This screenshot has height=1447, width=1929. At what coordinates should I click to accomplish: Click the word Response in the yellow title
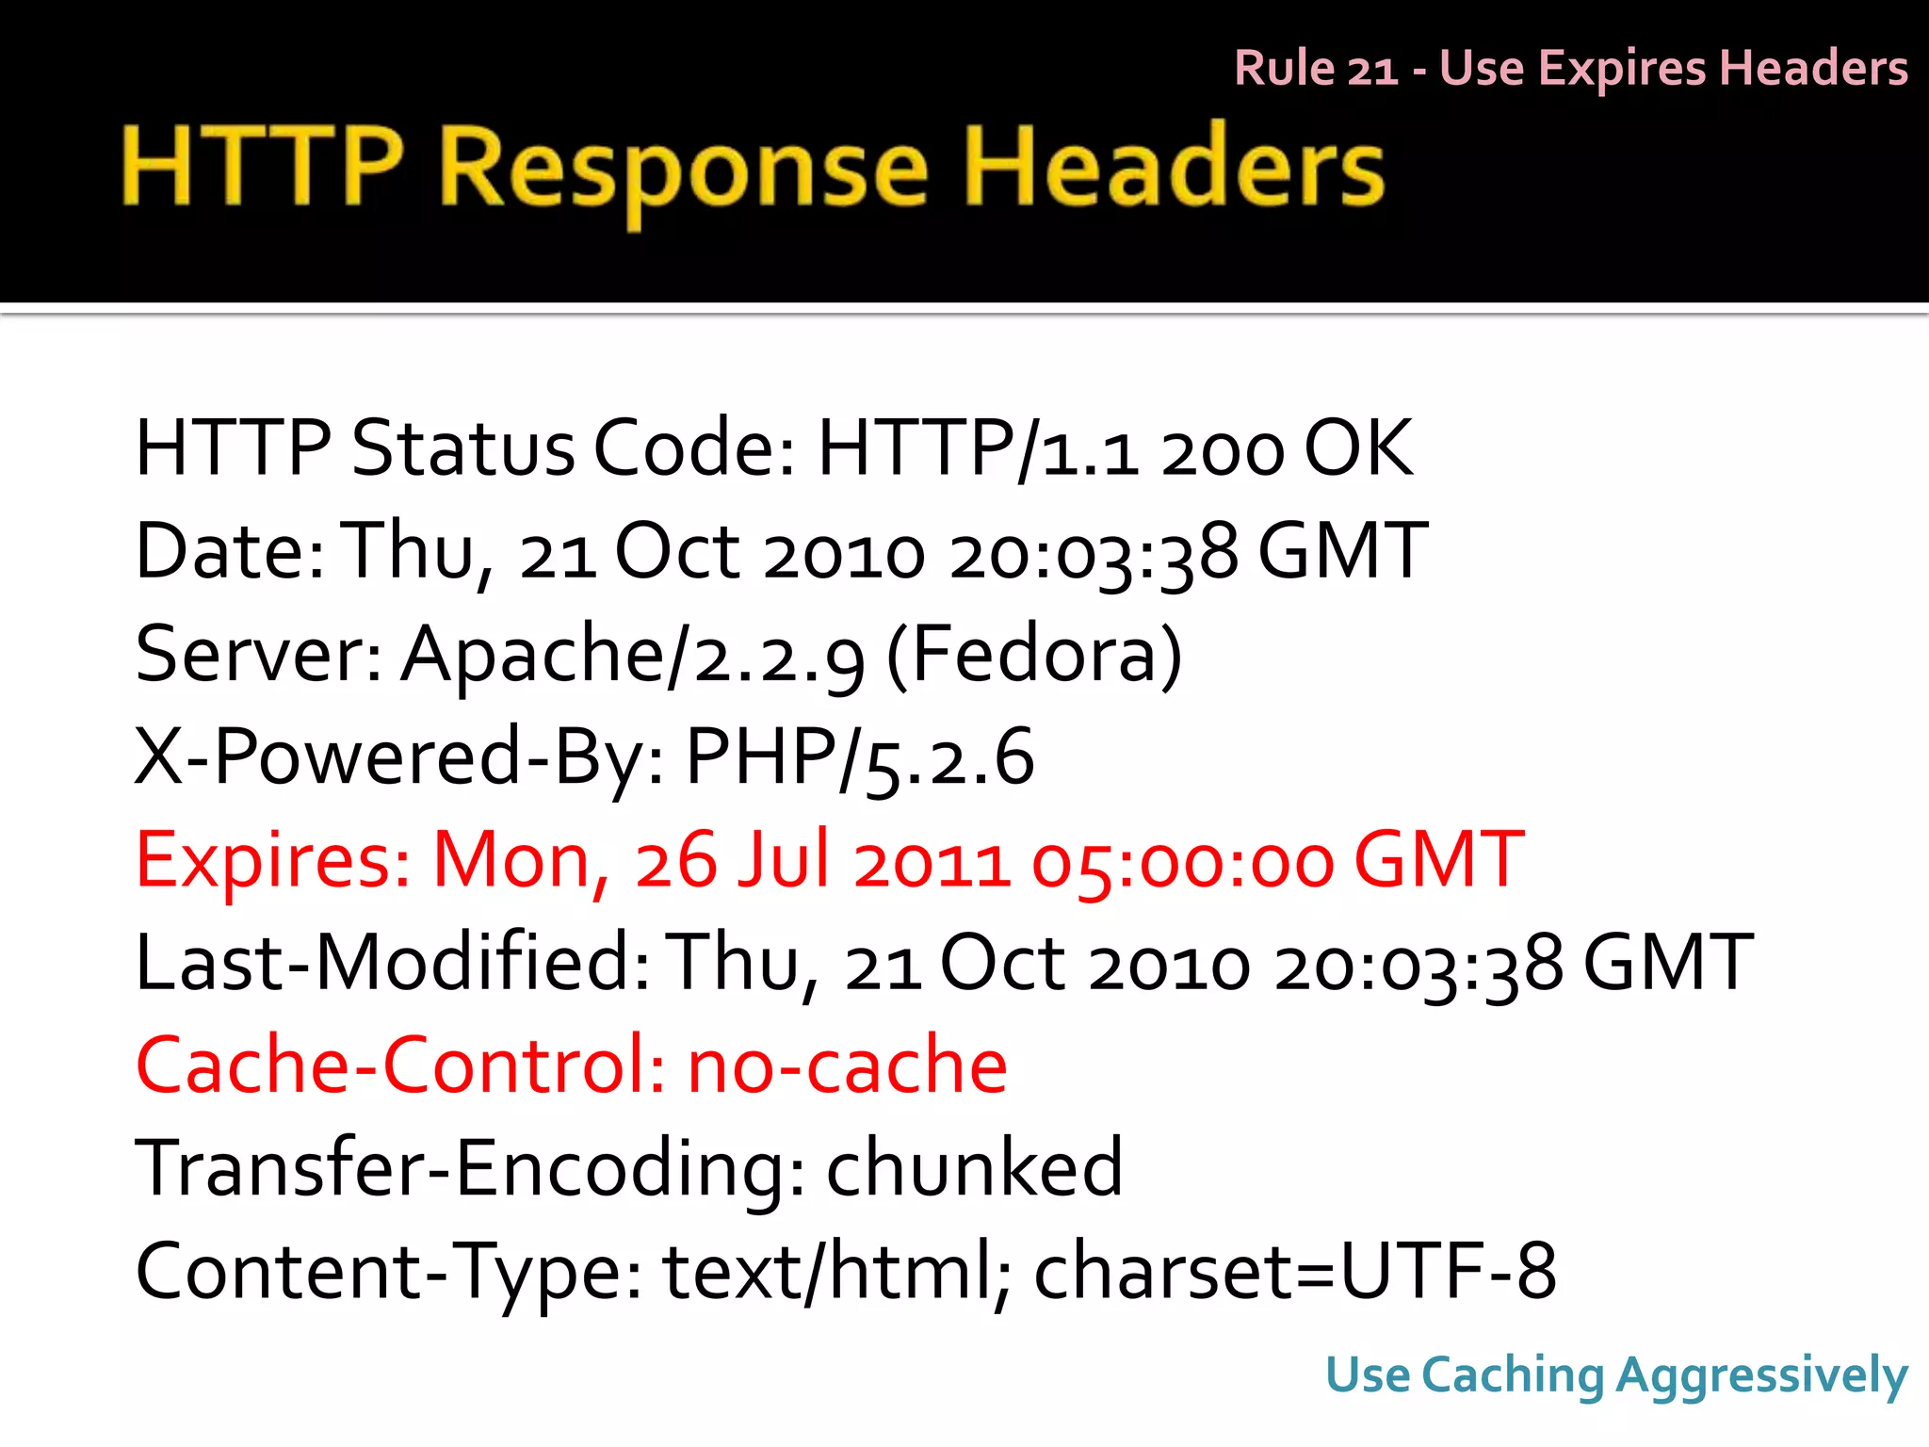[x=684, y=170]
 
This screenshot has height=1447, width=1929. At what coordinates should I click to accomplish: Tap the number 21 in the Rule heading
[x=1372, y=69]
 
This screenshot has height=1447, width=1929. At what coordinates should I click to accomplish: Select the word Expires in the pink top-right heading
[x=1623, y=69]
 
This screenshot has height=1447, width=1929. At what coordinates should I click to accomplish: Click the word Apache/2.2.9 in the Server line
[x=632, y=656]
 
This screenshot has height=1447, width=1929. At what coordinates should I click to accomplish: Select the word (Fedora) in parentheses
[x=1034, y=656]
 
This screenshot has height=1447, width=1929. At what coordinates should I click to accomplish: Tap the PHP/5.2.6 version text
[x=859, y=758]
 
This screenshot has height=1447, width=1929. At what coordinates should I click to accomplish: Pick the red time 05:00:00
[x=1182, y=863]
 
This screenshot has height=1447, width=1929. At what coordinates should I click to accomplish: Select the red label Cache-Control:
[x=400, y=1066]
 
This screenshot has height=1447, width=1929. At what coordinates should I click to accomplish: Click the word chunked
[x=974, y=1168]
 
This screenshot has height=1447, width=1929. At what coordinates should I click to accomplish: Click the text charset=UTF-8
[x=1295, y=1272]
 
